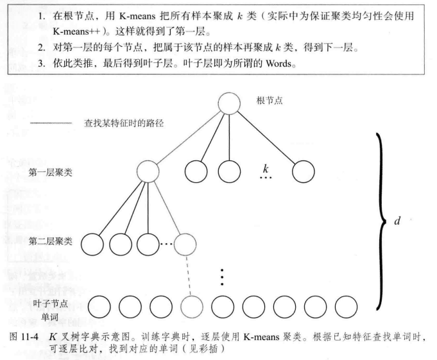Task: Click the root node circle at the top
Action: point(229,104)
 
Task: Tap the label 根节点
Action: point(270,101)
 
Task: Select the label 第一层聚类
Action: point(49,172)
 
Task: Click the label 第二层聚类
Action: point(49,241)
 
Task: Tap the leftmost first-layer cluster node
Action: point(148,171)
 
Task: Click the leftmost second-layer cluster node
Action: point(92,243)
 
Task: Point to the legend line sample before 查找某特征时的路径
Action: point(48,123)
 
